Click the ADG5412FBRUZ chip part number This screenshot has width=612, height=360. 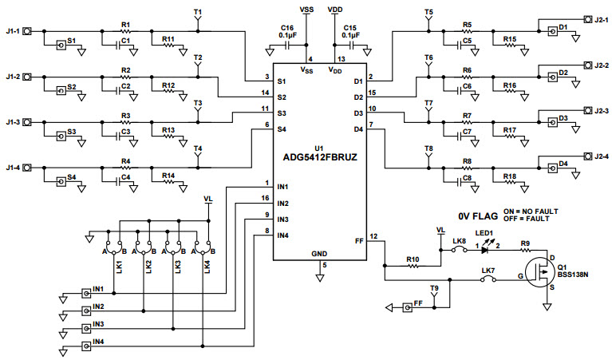coord(319,157)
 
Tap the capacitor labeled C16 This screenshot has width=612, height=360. coord(288,46)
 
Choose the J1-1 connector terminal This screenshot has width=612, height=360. coord(27,32)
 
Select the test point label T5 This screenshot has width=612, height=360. coord(429,14)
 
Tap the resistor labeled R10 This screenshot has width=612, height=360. coord(413,267)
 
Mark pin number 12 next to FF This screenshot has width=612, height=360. coord(373,236)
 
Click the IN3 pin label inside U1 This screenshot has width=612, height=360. coord(283,219)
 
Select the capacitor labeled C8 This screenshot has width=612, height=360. coord(466,181)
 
